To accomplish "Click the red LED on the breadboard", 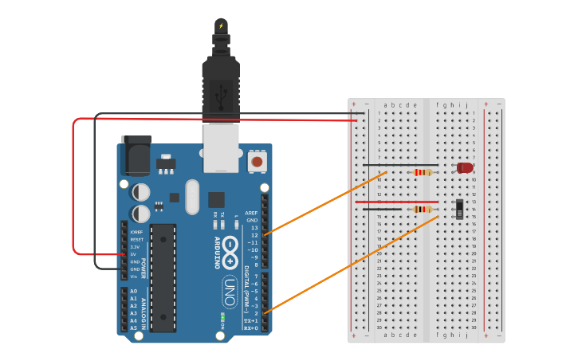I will [464, 167].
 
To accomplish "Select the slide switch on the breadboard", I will [460, 209].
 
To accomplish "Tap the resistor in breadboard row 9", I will [422, 172].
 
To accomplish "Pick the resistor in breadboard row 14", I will [422, 210].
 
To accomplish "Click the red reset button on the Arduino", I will [257, 162].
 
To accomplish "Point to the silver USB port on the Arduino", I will [221, 147].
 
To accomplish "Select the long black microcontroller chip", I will [163, 277].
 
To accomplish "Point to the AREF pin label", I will [252, 213].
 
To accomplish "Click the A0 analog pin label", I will [133, 292].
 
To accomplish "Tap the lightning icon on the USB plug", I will [221, 26].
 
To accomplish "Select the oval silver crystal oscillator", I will [191, 197].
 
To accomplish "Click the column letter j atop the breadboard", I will [466, 105].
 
